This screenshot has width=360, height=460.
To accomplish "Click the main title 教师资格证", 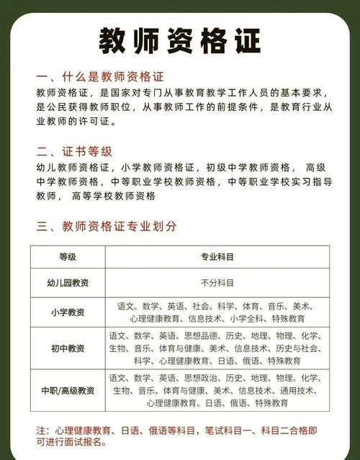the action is coord(179,42).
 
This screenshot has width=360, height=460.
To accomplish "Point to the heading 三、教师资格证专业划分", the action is coord(106,226).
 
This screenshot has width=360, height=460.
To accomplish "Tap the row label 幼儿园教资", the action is coord(68,283).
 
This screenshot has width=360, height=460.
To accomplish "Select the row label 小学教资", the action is coord(68,312).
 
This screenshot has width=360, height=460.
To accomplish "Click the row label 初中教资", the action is coord(68,348).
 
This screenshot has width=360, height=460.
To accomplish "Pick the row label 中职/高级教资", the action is coord(68,390).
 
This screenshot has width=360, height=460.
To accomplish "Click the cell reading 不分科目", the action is coord(217,283).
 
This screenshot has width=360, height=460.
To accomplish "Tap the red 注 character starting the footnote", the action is coord(40,430).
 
